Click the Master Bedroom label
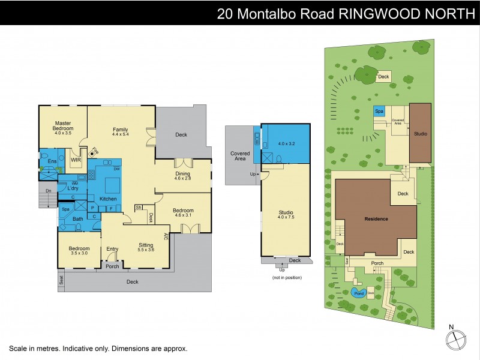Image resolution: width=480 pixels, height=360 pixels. tap(63, 125)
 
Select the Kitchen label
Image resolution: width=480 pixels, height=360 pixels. tap(108, 199)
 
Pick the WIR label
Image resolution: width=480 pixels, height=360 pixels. tap(76, 160)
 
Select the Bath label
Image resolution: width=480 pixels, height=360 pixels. tap(78, 219)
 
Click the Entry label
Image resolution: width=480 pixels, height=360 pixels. tap(113, 249)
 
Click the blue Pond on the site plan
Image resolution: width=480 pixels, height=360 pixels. tap(358, 293)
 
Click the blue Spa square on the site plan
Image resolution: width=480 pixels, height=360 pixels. tap(379, 112)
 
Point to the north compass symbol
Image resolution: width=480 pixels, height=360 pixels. tap(455, 340)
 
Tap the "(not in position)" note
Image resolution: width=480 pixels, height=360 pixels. tap(286, 277)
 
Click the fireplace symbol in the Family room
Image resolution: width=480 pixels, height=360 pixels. tap(92, 154)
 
